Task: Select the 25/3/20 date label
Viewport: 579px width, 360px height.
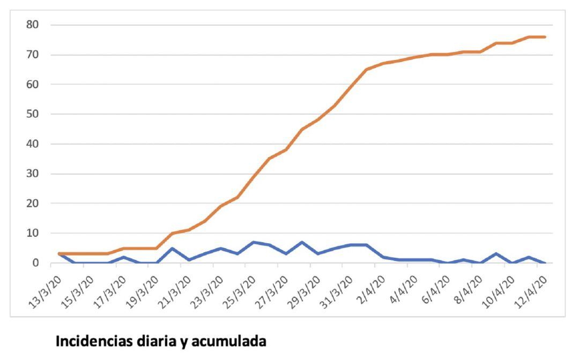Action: (x=234, y=290)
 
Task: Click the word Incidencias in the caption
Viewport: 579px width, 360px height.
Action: (x=97, y=342)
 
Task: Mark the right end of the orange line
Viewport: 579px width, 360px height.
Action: (x=545, y=37)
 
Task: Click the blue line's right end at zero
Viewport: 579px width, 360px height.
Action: (x=545, y=263)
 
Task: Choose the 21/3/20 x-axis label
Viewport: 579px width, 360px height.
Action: (x=171, y=290)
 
